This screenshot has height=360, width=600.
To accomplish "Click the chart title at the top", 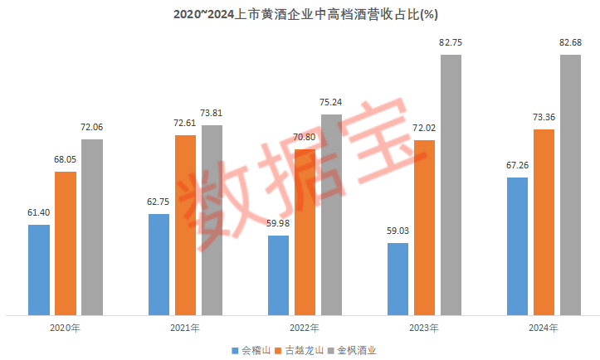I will point(300,14).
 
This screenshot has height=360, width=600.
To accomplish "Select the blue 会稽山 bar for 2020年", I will point(39,270).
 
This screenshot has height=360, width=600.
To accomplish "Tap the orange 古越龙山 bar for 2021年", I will point(185,225).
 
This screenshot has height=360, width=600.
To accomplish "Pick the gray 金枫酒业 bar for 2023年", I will point(451,185).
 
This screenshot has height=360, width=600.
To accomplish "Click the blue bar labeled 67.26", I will point(517,246).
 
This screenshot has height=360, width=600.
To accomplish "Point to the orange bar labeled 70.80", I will point(305,231).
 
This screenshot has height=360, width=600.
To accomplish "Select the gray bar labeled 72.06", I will point(92,227).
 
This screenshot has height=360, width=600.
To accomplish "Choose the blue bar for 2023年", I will point(398,279).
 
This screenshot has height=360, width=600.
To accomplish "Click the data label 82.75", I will point(451,41).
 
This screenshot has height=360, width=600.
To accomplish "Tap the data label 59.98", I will point(278,222).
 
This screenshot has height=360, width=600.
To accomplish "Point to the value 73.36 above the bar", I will point(544,116).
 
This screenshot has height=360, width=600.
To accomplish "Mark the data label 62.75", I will point(159,201).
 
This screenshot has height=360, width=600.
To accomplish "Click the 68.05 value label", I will point(66,158).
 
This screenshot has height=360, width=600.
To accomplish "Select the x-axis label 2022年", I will point(305,328).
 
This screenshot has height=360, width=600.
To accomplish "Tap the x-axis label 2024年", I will point(544,328).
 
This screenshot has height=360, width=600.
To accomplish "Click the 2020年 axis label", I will point(66,328).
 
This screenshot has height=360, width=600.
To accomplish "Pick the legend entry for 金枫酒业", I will point(357,349).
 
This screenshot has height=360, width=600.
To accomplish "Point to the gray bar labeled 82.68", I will point(570,185).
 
